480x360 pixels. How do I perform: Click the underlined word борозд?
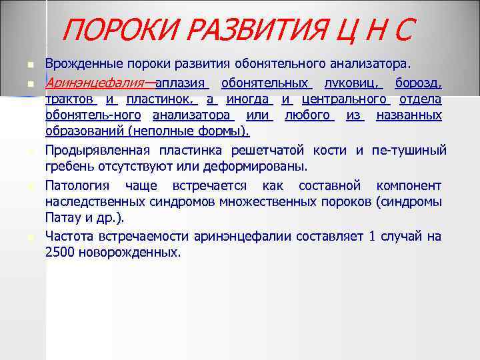coord(418,84)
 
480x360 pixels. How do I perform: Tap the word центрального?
coord(344,99)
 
